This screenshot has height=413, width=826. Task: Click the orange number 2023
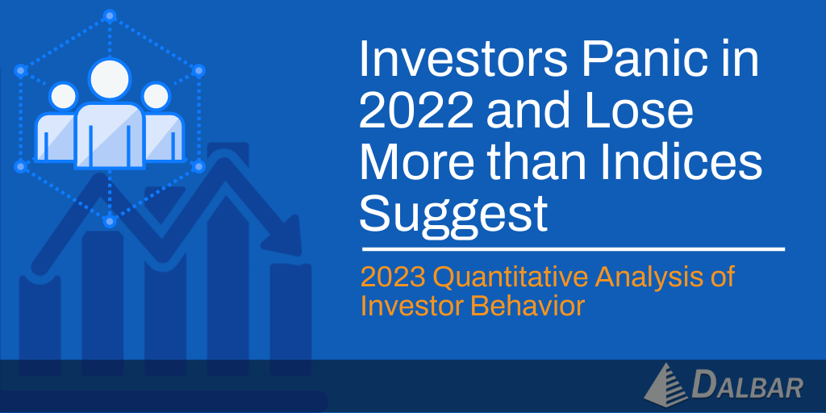(393, 278)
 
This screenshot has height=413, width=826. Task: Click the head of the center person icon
(110, 78)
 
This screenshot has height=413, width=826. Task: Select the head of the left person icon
(63, 95)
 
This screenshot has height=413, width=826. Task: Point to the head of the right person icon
(156, 95)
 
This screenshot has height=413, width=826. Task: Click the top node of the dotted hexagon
(110, 16)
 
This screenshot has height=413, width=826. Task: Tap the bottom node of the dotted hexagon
(110, 221)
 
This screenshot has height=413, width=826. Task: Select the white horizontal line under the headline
(574, 248)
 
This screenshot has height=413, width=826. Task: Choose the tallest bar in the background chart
(227, 259)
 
